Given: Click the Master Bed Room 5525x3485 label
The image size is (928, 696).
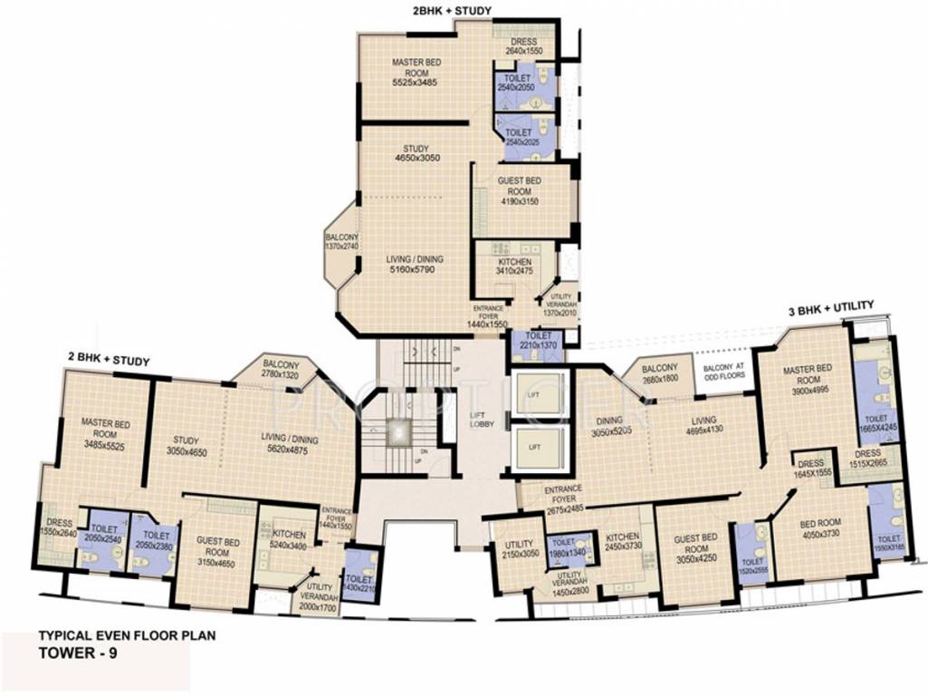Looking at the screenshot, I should (416, 72).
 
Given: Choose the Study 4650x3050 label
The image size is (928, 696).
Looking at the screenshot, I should (416, 153).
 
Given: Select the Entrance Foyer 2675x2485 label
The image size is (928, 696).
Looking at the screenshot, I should (563, 498).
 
